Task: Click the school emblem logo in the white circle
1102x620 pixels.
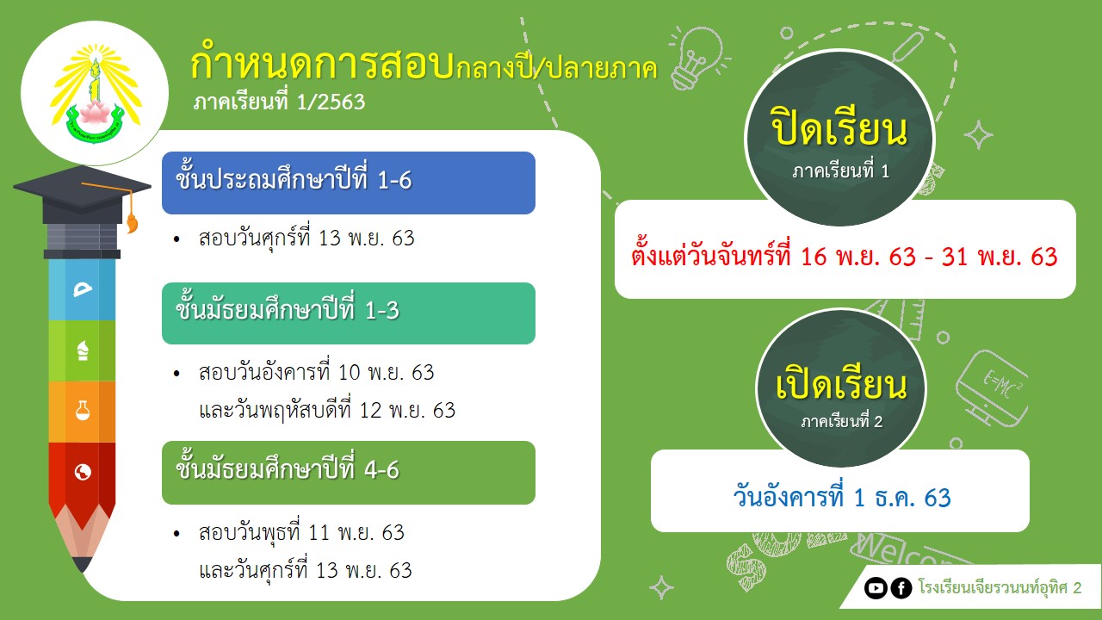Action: [96, 94]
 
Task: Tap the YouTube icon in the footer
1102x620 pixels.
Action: [876, 588]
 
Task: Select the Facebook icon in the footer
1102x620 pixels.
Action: [901, 588]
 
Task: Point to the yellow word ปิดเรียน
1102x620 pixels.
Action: [839, 128]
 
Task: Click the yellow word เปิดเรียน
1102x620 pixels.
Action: [841, 385]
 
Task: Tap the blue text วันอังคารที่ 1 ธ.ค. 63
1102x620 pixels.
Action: [842, 497]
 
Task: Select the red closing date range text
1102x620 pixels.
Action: [845, 257]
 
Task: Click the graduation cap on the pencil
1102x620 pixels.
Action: [82, 195]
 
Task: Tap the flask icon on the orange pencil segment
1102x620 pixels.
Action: [83, 411]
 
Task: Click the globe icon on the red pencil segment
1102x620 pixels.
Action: [83, 472]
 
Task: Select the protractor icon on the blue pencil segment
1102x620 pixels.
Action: [83, 290]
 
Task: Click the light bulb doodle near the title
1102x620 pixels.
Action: [697, 58]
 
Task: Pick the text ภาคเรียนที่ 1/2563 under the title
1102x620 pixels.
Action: [279, 102]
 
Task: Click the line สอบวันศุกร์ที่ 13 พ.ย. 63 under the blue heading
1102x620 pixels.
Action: [306, 239]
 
